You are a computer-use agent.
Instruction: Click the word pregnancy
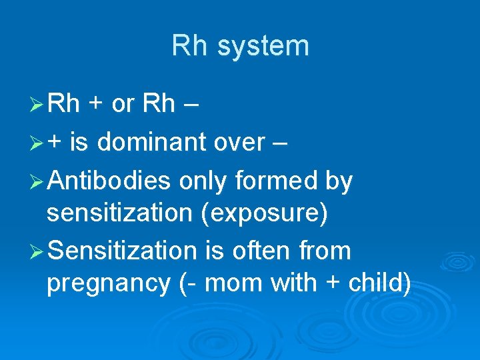108,283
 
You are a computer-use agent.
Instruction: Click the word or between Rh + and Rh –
124,104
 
